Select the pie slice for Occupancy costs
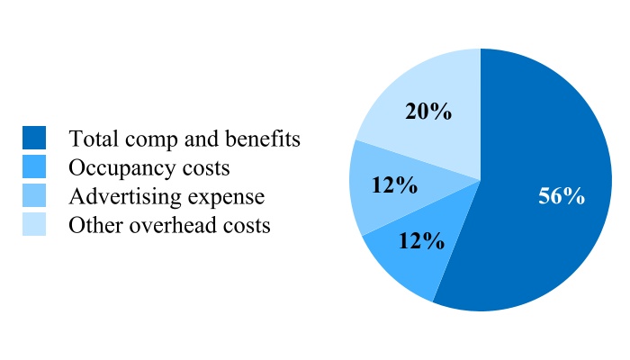[405, 265]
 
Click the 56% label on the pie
[562, 197]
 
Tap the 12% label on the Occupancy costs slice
[421, 241]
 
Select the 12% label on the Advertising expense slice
[394, 185]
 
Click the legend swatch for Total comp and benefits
[34, 138]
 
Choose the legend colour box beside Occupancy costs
[34, 166]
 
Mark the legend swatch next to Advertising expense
[34, 195]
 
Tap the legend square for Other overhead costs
[34, 224]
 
